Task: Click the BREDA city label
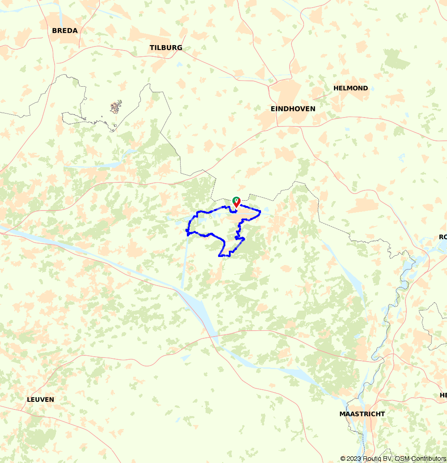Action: pyautogui.click(x=65, y=31)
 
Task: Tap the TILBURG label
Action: pyautogui.click(x=166, y=48)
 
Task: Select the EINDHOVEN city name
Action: pyautogui.click(x=293, y=109)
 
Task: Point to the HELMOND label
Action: pyautogui.click(x=350, y=88)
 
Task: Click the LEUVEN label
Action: pyautogui.click(x=40, y=400)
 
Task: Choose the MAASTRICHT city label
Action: pyautogui.click(x=362, y=414)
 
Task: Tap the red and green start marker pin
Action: pyautogui.click(x=236, y=202)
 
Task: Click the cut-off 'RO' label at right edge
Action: pyautogui.click(x=443, y=237)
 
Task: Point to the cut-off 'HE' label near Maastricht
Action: pyautogui.click(x=443, y=395)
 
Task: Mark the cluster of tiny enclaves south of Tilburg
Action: pyautogui.click(x=116, y=107)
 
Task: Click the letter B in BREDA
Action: pyautogui.click(x=55, y=31)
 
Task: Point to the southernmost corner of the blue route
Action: pyautogui.click(x=219, y=256)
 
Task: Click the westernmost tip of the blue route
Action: pyautogui.click(x=186, y=231)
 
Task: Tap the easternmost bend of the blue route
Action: pyautogui.click(x=260, y=212)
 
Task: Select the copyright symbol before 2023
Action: pyautogui.click(x=343, y=459)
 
